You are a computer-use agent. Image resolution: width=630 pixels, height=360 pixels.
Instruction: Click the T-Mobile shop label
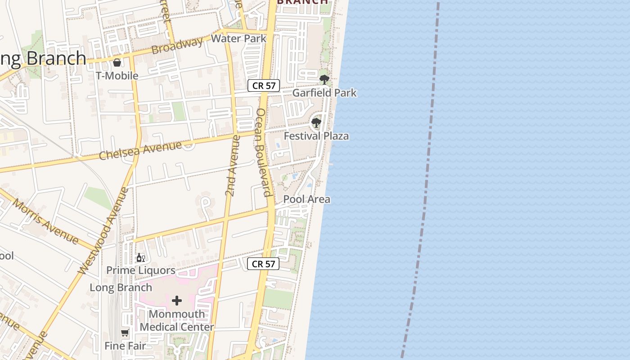coord(117,76)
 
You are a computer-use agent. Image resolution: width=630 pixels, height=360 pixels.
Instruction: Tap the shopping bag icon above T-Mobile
coord(117,63)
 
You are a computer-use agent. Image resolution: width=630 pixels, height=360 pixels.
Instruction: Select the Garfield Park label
coord(324,93)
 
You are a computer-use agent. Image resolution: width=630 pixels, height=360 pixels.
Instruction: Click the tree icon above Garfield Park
coord(324,80)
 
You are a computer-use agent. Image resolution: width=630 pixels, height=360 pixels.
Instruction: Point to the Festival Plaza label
coord(316,136)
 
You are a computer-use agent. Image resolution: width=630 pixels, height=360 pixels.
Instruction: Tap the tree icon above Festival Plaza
coord(316,122)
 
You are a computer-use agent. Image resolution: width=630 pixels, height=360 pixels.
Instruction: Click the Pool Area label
coord(306,199)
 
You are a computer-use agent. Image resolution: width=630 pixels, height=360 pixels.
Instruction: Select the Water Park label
coord(238,39)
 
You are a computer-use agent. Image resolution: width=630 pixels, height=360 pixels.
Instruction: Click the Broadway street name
coord(177,46)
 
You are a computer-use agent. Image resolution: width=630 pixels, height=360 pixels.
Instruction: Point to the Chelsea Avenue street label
coord(140,150)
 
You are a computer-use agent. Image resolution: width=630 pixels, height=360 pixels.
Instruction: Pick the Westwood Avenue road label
coord(103,231)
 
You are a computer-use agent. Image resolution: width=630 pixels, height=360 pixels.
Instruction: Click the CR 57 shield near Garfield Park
coord(264,85)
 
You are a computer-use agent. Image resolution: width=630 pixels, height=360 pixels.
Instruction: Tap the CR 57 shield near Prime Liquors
coord(263,264)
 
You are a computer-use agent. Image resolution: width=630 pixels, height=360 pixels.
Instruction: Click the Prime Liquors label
coord(140,270)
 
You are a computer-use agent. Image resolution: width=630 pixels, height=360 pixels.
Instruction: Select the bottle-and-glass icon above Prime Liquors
coord(140,258)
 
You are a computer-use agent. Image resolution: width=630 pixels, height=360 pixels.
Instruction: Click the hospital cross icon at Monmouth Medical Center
coord(177,301)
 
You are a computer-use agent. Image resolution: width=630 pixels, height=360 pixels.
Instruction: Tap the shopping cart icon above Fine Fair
coord(125,333)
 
